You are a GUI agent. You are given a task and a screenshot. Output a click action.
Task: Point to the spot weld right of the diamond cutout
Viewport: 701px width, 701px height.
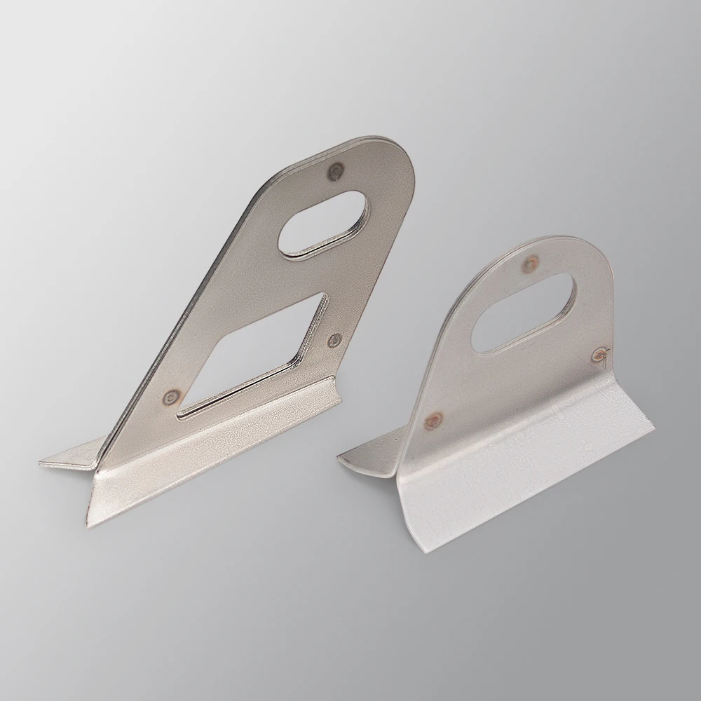click(x=334, y=340)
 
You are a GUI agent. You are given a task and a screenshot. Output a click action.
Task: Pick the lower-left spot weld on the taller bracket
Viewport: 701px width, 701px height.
click(x=169, y=400)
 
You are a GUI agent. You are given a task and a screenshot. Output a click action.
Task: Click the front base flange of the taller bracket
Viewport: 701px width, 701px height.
click(x=210, y=456)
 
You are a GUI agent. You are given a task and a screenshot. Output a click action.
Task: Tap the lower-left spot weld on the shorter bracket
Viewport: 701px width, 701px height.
click(x=435, y=420)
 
